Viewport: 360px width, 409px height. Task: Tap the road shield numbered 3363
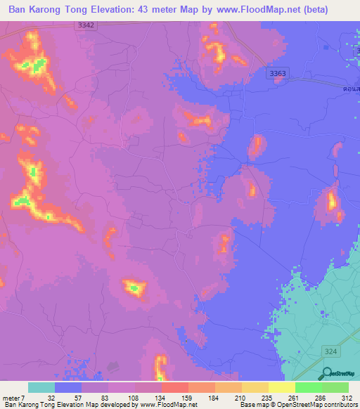pos(278,72)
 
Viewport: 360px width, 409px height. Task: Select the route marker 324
pos(330,350)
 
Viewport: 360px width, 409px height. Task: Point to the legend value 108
pos(134,398)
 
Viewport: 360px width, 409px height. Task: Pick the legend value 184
pos(214,398)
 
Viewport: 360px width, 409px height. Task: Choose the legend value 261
pos(293,398)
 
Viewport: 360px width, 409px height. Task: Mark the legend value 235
pos(266,398)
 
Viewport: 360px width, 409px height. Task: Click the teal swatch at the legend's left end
pos(41,387)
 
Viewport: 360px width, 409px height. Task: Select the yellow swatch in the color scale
pos(281,387)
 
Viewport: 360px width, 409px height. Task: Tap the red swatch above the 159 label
pos(174,387)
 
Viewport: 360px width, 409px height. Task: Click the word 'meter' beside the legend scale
pos(11,398)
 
